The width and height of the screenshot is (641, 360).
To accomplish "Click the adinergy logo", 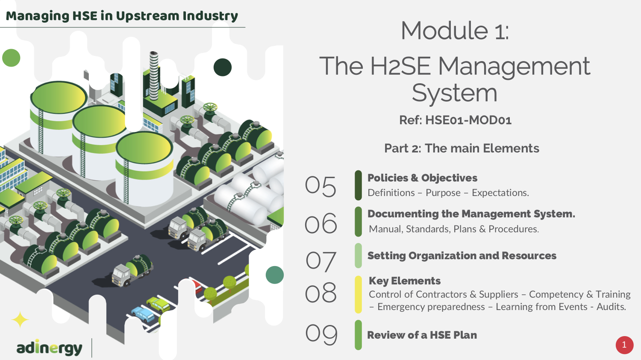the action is [x=49, y=348].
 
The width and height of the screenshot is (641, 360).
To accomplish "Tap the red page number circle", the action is [x=624, y=345].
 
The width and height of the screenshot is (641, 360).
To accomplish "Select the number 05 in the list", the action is [x=320, y=187].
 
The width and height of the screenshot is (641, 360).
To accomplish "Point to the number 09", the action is [x=321, y=334].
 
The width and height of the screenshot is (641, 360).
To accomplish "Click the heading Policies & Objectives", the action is [x=422, y=178].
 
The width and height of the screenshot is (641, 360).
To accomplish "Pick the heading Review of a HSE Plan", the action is [x=422, y=335].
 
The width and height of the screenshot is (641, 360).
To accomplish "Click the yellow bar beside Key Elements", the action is [x=358, y=294].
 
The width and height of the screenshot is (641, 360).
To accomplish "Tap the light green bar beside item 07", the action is [x=358, y=256].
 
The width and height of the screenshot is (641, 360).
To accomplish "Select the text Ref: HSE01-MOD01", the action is [x=455, y=120].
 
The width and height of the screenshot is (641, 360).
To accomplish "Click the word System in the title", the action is [x=454, y=93].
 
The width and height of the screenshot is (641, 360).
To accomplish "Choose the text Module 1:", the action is [x=455, y=31].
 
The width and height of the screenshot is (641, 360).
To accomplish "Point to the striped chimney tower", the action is [x=154, y=76].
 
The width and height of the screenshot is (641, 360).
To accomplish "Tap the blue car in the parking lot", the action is [x=143, y=314].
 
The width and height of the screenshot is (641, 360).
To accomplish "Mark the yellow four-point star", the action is [x=20, y=319].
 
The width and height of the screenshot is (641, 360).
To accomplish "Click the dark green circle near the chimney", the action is [x=222, y=67].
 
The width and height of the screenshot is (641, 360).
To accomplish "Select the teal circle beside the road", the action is [x=275, y=275].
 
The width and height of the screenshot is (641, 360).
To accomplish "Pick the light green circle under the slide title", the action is [x=11, y=58].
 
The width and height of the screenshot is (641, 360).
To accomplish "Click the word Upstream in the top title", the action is [x=148, y=16].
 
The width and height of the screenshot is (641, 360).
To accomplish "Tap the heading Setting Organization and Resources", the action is [x=462, y=256].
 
